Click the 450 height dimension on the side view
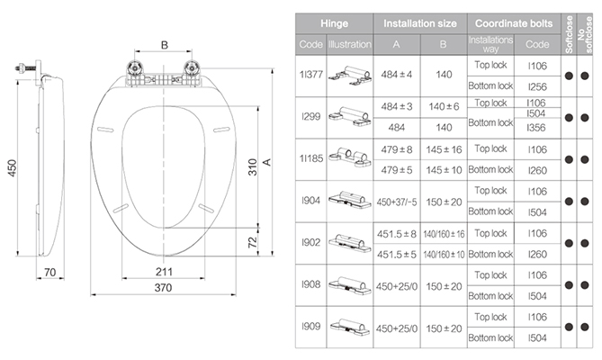(x=13, y=168)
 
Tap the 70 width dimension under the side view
(x=49, y=272)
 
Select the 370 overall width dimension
(x=163, y=287)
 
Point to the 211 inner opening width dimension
(x=164, y=272)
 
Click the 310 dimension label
(x=252, y=167)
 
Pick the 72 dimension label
(x=252, y=243)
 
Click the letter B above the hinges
(x=165, y=45)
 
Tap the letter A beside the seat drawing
(x=267, y=162)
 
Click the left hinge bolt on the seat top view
(x=135, y=69)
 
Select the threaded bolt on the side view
(x=25, y=68)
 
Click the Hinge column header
(x=335, y=23)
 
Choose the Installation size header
(x=420, y=23)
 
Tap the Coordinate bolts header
(x=514, y=23)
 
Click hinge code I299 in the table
(x=311, y=116)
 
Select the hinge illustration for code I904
(x=349, y=200)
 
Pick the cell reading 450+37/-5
(x=397, y=202)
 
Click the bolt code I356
(x=536, y=128)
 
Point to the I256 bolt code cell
(x=537, y=86)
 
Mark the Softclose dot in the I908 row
(x=569, y=285)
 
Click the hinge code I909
(x=311, y=326)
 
